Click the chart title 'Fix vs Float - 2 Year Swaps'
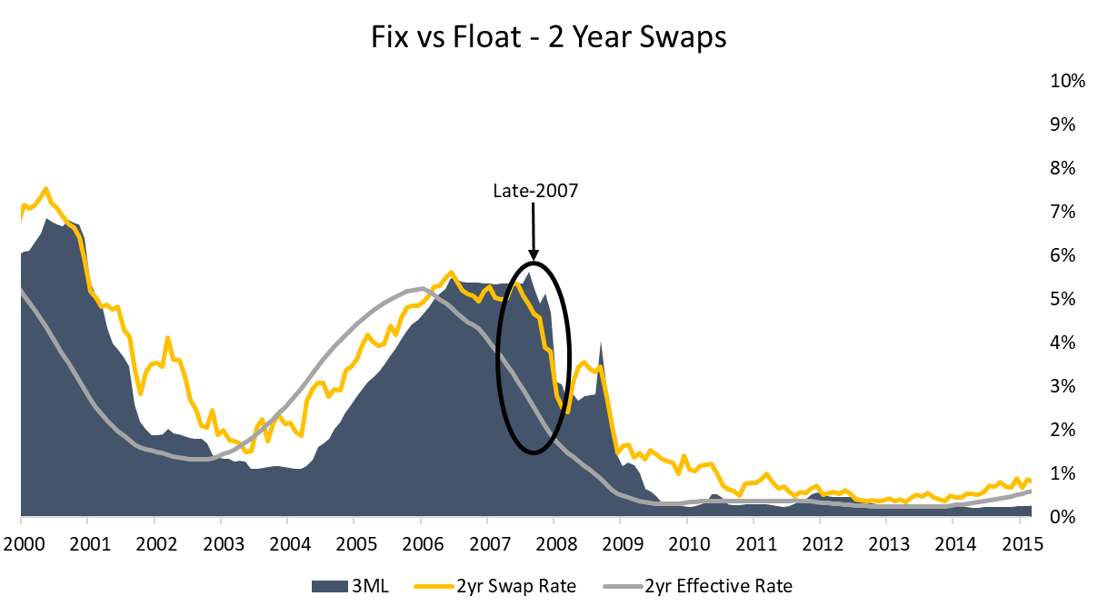[548, 39]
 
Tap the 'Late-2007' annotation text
[534, 191]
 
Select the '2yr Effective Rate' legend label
[718, 586]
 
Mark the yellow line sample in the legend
[442, 586]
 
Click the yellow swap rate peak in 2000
[45, 189]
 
